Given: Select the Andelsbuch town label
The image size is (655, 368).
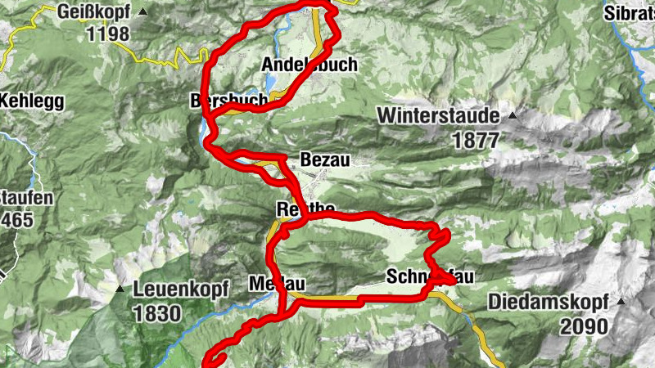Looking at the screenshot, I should pos(309,65).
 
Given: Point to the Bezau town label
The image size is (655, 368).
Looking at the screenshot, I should pos(325,159).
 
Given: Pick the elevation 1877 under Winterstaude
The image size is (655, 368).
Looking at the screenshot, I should pos(475,139).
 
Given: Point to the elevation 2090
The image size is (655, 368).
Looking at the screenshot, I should pos(584,326).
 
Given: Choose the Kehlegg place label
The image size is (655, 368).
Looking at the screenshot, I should pos(33,101).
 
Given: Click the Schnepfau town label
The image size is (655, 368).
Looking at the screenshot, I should pos(429,276).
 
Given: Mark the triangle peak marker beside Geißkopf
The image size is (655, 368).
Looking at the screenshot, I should pos(144,12).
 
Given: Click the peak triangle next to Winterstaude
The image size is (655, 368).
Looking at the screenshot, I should pos(513,115).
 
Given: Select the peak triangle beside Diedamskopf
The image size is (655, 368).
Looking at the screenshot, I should pos(621,301).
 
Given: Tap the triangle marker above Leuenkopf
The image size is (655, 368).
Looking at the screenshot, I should pos(120,289).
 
